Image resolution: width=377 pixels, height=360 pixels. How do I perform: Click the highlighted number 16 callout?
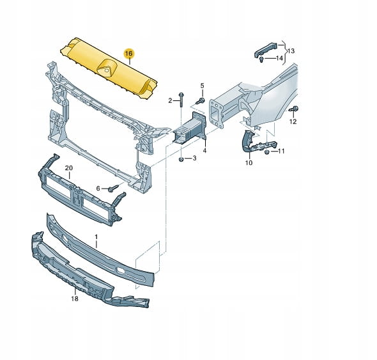[129, 54]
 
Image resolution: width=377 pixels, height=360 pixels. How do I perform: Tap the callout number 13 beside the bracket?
[291, 51]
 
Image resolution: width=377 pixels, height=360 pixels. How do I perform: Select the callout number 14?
[279, 58]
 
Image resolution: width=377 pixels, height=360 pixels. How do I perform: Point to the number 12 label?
[293, 121]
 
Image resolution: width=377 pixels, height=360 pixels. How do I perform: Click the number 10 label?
[249, 163]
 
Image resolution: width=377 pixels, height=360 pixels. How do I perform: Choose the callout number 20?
[69, 168]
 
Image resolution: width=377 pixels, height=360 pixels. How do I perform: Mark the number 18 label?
[75, 299]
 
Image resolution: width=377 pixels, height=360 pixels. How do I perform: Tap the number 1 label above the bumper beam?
[96, 237]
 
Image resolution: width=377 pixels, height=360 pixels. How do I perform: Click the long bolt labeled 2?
[181, 100]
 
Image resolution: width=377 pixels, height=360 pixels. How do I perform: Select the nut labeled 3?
[181, 159]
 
